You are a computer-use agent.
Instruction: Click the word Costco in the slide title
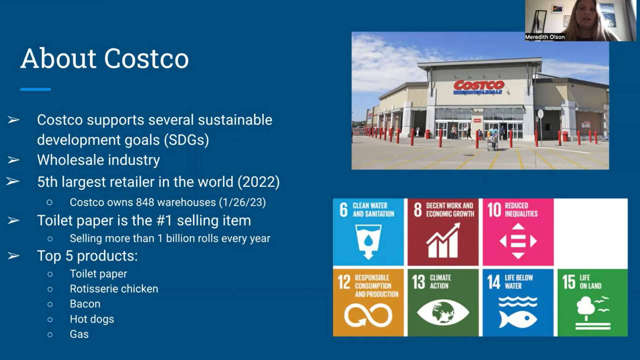click(x=147, y=59)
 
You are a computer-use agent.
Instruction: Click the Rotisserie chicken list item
click(x=114, y=289)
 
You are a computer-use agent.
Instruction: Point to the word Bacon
click(x=85, y=304)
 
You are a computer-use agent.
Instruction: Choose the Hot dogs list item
click(x=92, y=319)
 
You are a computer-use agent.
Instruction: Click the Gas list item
click(x=79, y=334)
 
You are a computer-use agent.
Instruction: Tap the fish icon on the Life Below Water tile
click(x=518, y=319)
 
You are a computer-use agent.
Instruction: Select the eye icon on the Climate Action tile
click(x=443, y=312)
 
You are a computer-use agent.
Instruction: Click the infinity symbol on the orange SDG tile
click(x=368, y=315)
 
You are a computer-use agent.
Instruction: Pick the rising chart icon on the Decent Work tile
click(x=443, y=240)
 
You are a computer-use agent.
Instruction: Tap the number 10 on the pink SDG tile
click(x=494, y=210)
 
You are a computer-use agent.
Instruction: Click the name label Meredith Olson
click(x=545, y=37)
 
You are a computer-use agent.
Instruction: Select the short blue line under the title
click(x=35, y=89)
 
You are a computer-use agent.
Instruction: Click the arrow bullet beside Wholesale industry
click(x=13, y=160)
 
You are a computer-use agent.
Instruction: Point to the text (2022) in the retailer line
click(x=258, y=182)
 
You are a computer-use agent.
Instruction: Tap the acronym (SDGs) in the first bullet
click(x=186, y=140)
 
